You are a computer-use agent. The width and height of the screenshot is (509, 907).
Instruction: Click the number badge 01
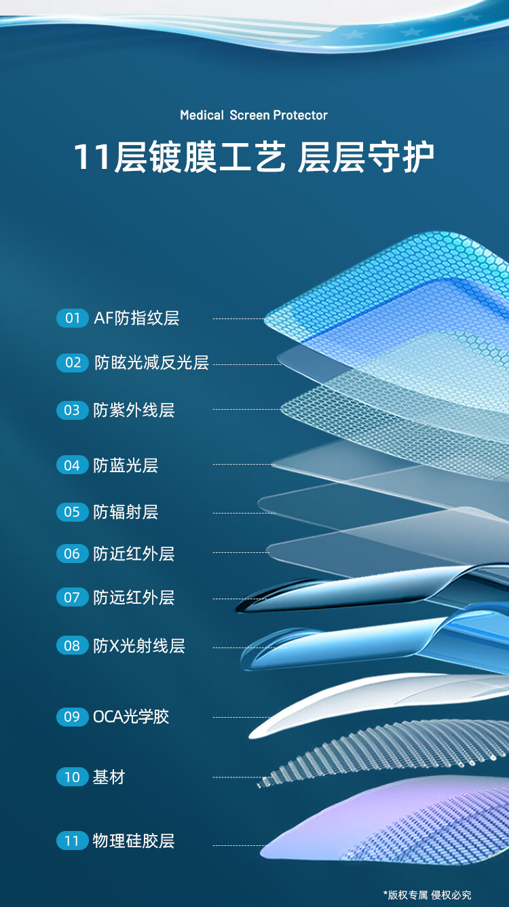coord(72,318)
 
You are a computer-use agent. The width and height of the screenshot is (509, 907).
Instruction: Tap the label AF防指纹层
coord(136,318)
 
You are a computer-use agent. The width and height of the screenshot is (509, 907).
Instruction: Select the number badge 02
coord(72,362)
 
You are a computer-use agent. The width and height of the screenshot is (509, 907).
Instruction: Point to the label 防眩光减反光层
coord(151,362)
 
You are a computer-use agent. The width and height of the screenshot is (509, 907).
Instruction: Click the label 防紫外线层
coord(134,410)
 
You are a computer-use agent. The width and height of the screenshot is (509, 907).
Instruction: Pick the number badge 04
coord(72,465)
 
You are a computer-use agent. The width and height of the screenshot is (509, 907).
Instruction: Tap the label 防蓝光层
coord(126,465)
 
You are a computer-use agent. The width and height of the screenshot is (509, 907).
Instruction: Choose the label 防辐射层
coord(126,512)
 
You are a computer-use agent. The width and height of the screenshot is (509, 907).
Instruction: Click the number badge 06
coord(72,554)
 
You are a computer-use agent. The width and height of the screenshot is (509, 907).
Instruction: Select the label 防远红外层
coord(134,597)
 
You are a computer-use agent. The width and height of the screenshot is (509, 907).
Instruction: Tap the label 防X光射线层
coord(139,645)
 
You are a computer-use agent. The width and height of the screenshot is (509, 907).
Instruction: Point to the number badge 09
coord(72,716)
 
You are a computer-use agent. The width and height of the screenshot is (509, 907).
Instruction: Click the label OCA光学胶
coord(131,716)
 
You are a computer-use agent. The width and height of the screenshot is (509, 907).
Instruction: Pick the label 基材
coord(109,777)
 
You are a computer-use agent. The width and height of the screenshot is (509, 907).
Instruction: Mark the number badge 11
coord(72,841)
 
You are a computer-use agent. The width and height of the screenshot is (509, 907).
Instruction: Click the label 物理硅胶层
coord(134,841)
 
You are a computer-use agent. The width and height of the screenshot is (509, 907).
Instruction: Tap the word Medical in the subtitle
coord(202,115)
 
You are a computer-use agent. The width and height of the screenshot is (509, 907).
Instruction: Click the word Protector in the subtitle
coord(300,115)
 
